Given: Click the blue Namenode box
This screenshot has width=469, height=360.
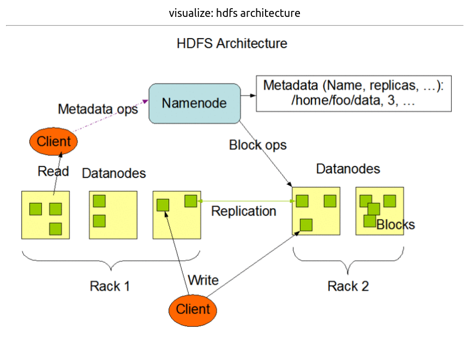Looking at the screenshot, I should [195, 103].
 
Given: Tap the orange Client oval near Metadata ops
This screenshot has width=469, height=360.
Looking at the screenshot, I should [53, 142].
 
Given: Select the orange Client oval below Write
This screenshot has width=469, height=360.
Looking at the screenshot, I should [193, 309].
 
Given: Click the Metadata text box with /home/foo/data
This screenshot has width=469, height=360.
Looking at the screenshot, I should [353, 94].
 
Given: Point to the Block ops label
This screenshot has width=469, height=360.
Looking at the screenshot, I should [257, 145].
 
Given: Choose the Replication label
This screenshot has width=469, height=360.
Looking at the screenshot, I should [244, 211].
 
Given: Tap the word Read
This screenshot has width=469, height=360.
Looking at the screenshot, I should [53, 171].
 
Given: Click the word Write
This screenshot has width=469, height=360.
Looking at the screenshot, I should [203, 280].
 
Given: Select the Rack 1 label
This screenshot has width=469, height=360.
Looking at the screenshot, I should [110, 286].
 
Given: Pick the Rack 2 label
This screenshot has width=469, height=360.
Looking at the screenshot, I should [348, 286].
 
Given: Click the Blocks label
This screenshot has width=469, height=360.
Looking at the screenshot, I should [396, 224].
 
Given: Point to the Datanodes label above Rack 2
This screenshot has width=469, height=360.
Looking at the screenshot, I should [348, 169].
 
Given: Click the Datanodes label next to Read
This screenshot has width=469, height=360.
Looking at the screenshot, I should [114, 173].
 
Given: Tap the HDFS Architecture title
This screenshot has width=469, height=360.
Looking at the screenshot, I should [232, 44].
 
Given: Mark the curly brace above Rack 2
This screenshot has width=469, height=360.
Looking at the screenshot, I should [347, 261].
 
